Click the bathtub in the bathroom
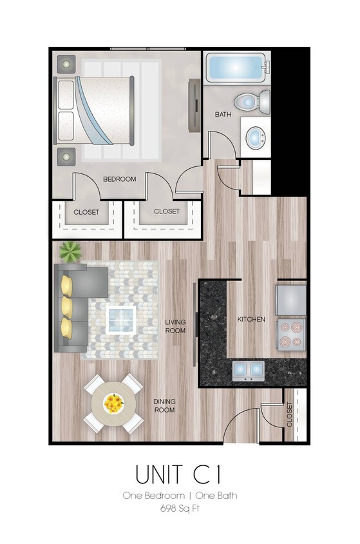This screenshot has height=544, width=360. coord(238,68)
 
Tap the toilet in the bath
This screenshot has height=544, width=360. coord(252,102)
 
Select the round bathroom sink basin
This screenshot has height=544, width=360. coord(256,138)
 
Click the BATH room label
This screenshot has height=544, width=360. coord(223,114)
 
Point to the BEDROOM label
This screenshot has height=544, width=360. coord(120,179)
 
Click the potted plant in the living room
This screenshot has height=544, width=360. coord(70,252)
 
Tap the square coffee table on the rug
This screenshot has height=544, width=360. coord(120,320)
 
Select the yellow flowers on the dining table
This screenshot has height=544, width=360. coord(113,403)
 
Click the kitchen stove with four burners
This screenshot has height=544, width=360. coord(291,335)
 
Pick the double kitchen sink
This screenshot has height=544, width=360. coord(248,370)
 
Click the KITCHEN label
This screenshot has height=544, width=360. coord(251,319)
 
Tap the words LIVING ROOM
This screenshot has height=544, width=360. coord(175,327)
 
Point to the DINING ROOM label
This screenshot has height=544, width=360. coord(164,405)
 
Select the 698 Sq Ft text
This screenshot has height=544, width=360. coord(180,509)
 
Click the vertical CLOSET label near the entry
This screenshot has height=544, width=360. coord(290,414)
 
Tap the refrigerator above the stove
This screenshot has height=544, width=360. coord(291,300)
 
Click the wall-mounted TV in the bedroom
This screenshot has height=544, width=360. coord(194,105)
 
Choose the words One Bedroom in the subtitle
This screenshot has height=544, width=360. coord(153,496)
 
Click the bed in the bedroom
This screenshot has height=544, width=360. coord(93,110)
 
